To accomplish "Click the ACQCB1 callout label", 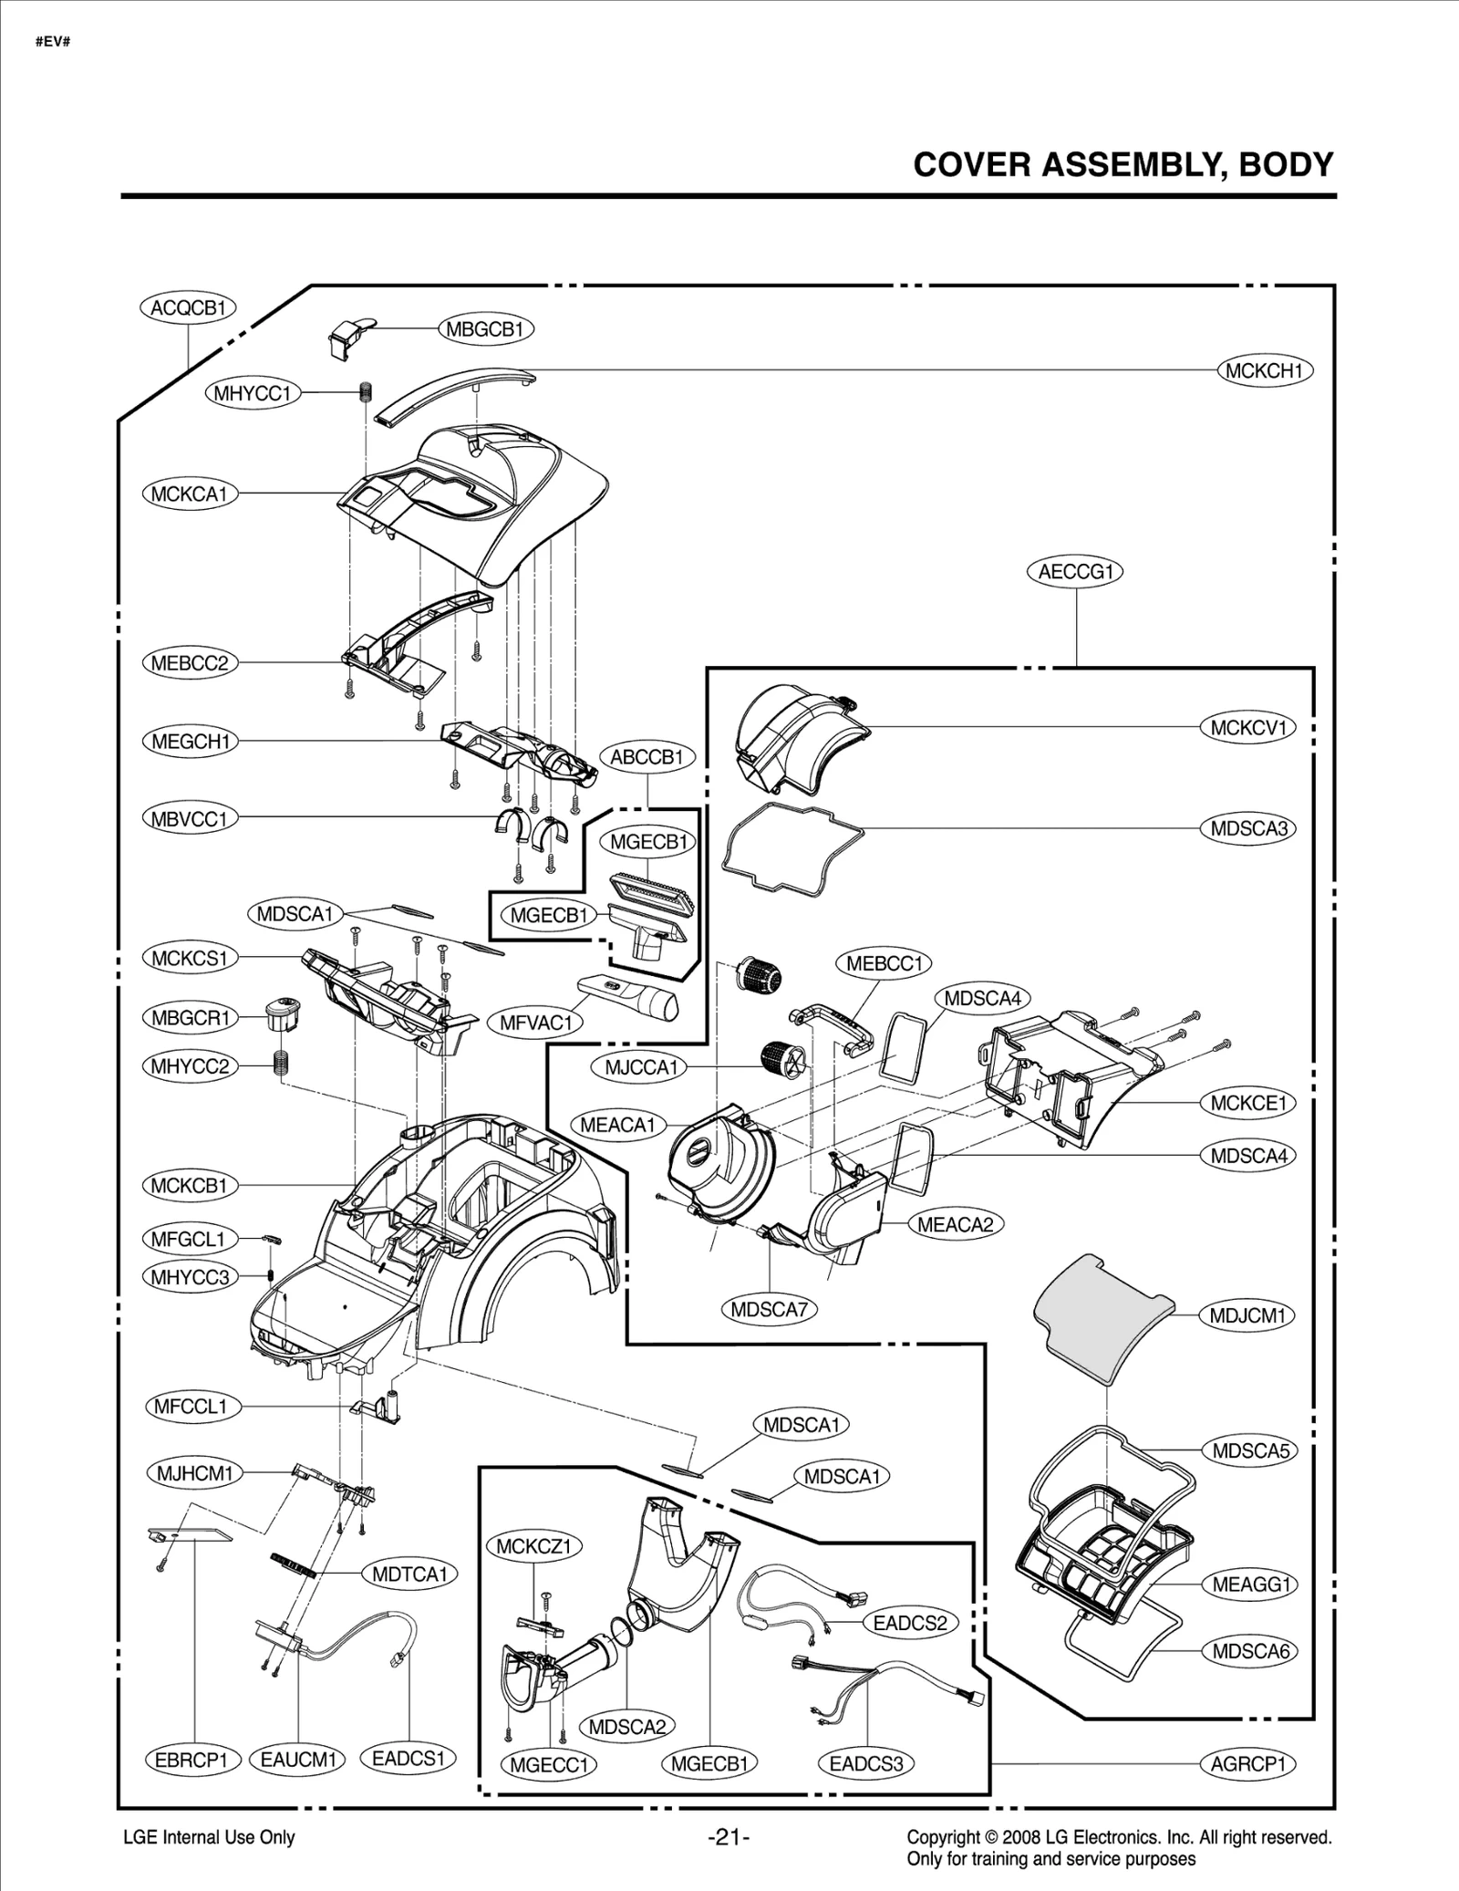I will (x=188, y=308).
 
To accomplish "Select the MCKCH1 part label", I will (x=1265, y=370).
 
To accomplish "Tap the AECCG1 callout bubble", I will (x=1076, y=572).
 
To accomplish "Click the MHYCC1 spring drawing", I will (x=366, y=391).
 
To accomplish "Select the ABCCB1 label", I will (x=647, y=757).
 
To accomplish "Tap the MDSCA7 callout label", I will (x=769, y=1310).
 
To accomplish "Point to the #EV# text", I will (x=53, y=42).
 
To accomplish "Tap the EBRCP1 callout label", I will (x=191, y=1760).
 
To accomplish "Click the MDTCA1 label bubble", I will (x=409, y=1574).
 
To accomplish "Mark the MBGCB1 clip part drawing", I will (x=348, y=334).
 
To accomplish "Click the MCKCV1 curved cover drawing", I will (x=799, y=737).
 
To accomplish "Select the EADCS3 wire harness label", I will (x=865, y=1763).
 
